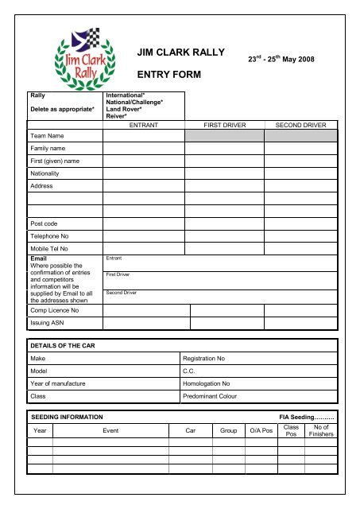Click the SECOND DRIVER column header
(x=300, y=125)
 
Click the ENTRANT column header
(x=144, y=125)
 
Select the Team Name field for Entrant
(x=143, y=136)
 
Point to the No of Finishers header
(x=322, y=430)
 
